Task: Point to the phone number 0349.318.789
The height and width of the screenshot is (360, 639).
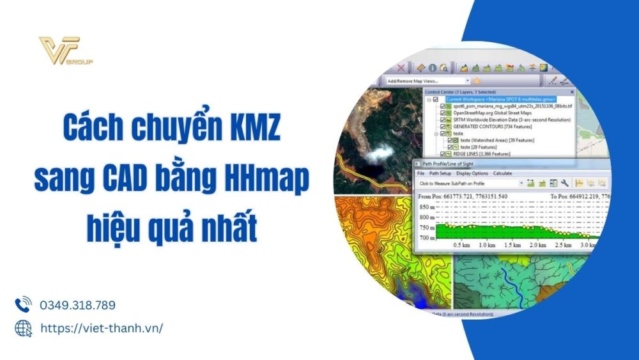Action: [x=78, y=306]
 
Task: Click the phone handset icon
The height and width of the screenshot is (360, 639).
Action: [x=24, y=304]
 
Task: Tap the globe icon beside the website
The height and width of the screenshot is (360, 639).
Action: [x=24, y=328]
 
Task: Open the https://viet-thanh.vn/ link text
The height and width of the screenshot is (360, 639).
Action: [x=102, y=328]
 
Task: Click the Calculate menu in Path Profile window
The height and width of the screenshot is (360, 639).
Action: [x=503, y=173]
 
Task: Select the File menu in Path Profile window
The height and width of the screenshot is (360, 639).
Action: [x=420, y=173]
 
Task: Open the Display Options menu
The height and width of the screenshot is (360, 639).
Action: [x=472, y=173]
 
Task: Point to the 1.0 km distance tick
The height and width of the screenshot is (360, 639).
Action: [x=487, y=246]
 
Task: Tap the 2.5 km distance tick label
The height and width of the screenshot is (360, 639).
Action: [x=562, y=246]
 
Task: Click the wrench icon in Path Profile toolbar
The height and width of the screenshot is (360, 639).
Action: [x=565, y=184]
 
